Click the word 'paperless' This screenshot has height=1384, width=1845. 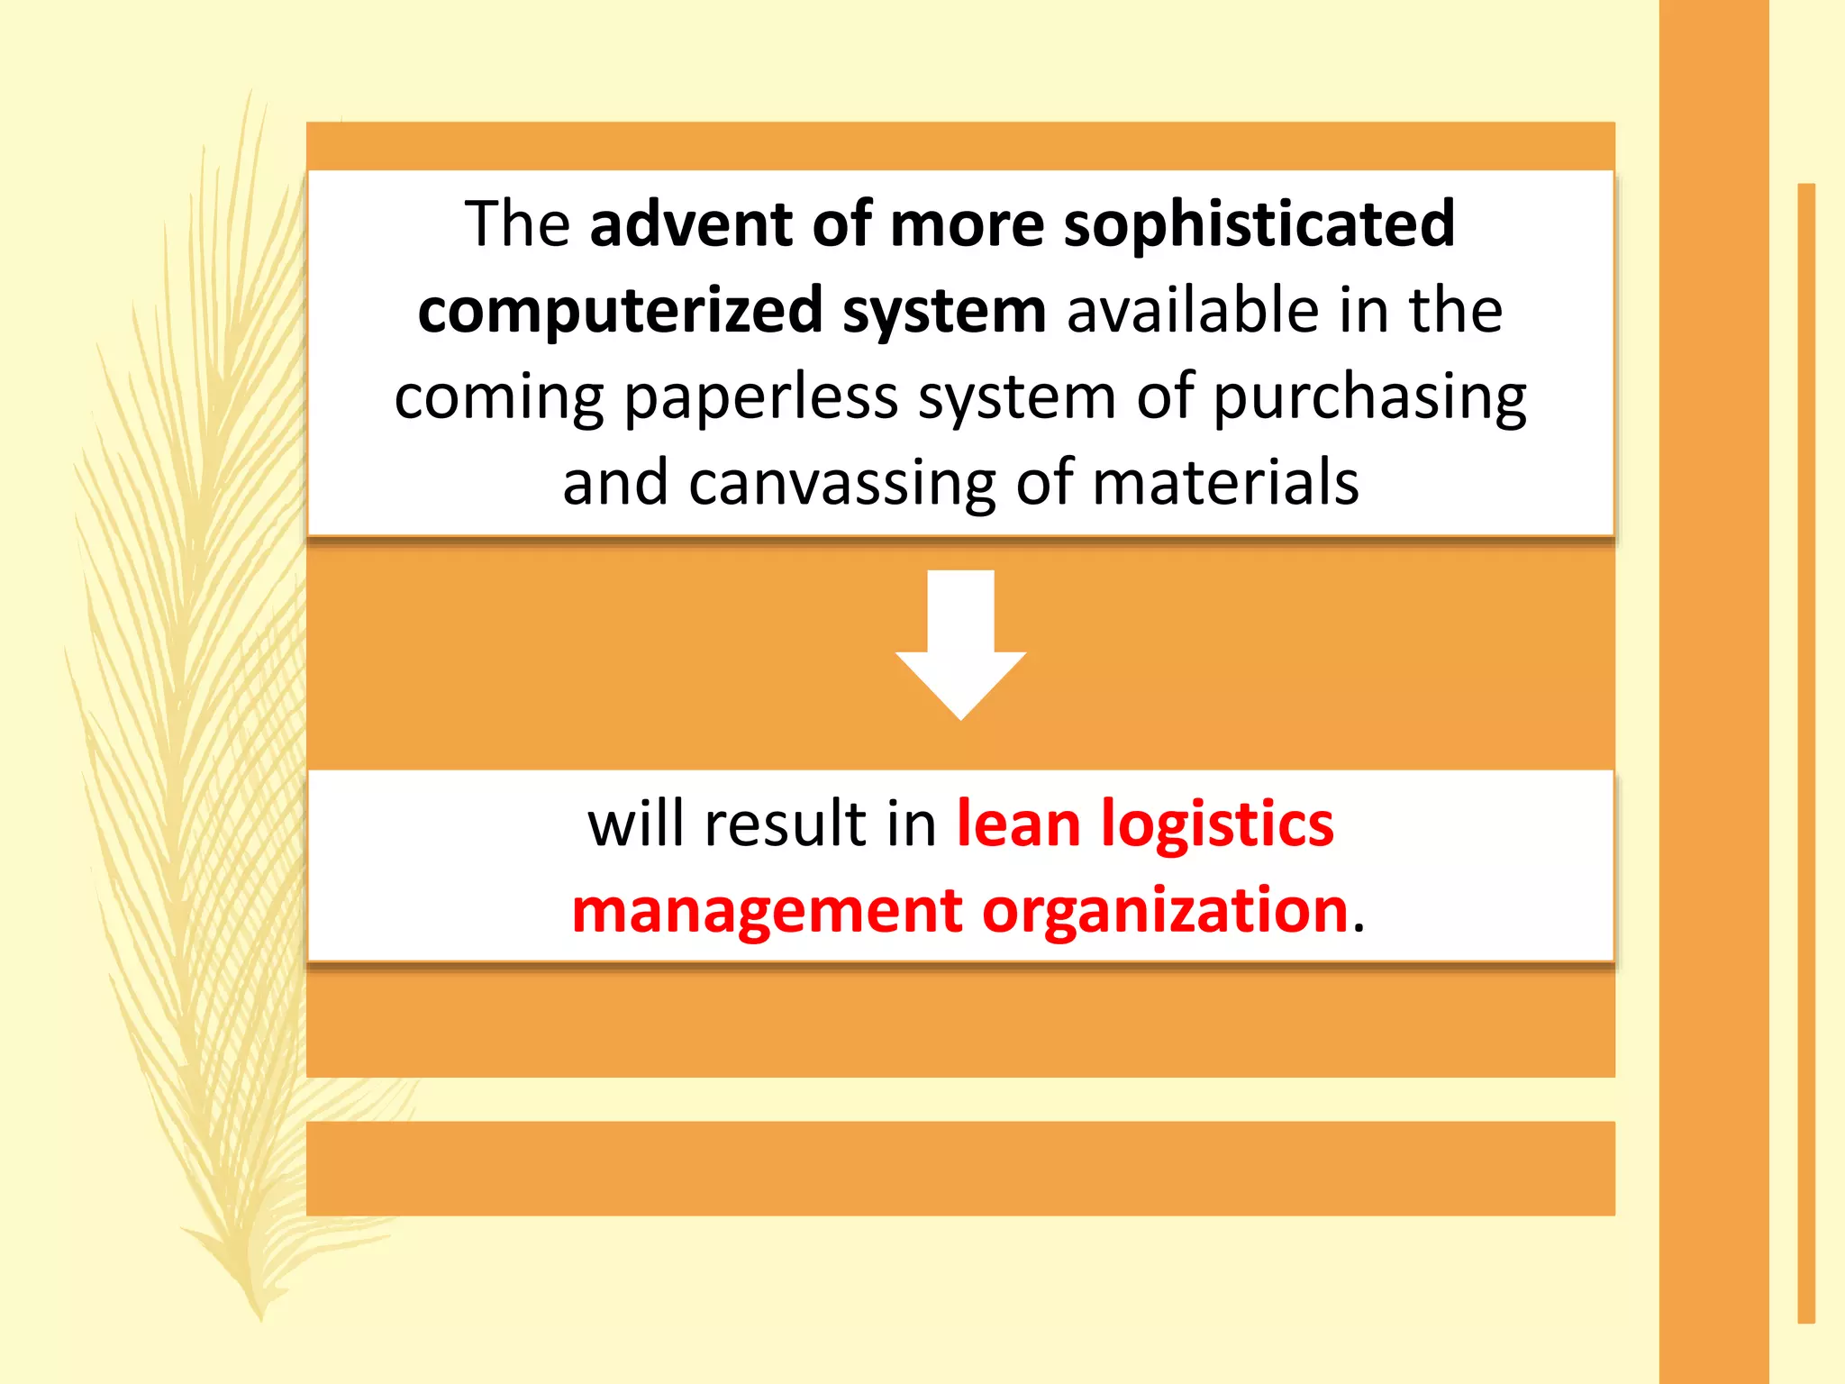coord(761,397)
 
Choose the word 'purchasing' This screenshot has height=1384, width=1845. coord(1369,397)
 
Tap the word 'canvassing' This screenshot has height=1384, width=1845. coord(842,483)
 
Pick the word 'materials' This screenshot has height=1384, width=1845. coord(1225,483)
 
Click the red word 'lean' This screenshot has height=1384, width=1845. coord(1018,824)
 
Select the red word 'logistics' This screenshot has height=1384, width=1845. coord(1217,825)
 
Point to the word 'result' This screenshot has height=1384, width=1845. coord(785,824)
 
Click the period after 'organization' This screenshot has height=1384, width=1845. coord(1359,926)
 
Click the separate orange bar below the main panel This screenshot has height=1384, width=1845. coord(960,1169)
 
